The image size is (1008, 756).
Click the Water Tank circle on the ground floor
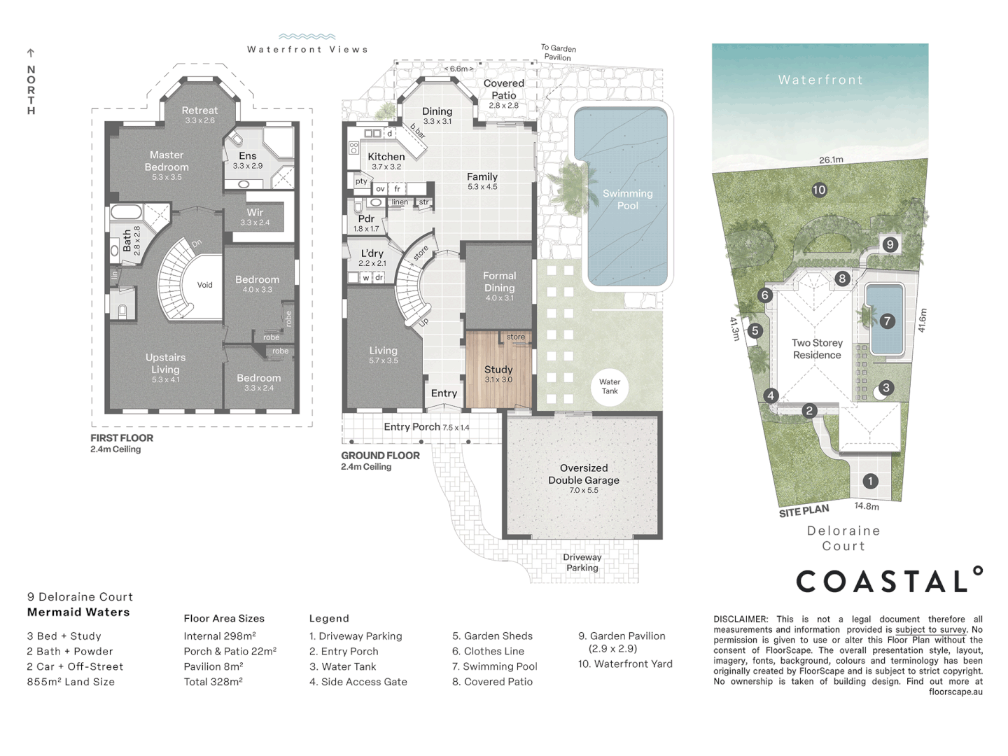(x=609, y=386)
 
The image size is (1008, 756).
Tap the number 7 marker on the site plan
(x=887, y=321)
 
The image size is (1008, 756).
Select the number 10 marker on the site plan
(x=819, y=190)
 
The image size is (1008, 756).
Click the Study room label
(x=498, y=370)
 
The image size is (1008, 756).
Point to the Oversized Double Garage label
(x=583, y=474)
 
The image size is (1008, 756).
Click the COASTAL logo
(x=889, y=580)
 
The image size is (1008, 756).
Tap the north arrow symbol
(x=31, y=53)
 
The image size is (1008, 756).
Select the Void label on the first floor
(x=204, y=285)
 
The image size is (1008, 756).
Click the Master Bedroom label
(x=167, y=161)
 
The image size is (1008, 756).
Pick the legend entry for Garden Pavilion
(x=621, y=636)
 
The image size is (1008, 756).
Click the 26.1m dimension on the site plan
(x=831, y=160)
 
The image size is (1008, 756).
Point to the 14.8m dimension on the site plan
(x=867, y=506)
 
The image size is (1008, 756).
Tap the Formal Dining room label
(x=499, y=281)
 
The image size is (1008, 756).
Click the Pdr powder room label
(x=366, y=218)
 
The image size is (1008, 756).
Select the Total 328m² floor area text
(x=213, y=682)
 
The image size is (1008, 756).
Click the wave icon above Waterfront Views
(x=307, y=36)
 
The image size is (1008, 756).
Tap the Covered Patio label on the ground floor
(x=503, y=89)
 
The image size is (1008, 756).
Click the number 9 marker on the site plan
(x=890, y=244)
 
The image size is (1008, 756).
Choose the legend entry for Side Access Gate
(x=358, y=682)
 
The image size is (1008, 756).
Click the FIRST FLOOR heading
(x=122, y=438)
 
